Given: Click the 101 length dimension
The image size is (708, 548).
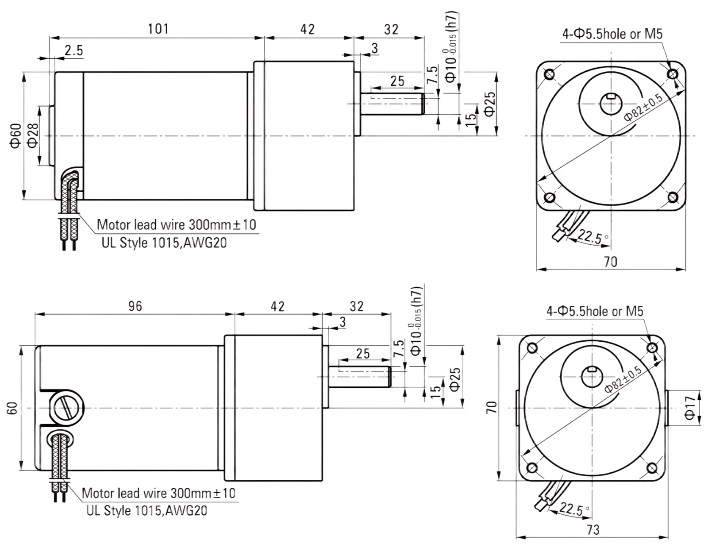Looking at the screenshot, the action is click(x=158, y=29).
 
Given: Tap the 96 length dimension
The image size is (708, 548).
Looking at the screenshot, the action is click(x=135, y=306).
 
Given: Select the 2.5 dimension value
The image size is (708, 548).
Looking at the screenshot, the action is click(x=74, y=50).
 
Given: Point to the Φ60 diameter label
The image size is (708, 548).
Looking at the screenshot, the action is click(x=16, y=135).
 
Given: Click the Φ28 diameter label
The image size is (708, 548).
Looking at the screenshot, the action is click(x=33, y=135).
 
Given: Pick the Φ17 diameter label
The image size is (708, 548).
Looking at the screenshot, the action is click(x=689, y=408).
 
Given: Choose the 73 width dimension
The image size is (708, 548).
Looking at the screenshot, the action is click(x=593, y=530).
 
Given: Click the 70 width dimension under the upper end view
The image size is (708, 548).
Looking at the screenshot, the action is click(x=611, y=262).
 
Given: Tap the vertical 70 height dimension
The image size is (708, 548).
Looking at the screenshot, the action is click(x=492, y=408).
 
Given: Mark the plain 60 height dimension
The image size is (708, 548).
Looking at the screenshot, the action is click(x=12, y=408).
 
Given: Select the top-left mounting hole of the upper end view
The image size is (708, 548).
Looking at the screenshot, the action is click(x=549, y=74).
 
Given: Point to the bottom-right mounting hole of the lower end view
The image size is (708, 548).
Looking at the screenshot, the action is click(x=652, y=468).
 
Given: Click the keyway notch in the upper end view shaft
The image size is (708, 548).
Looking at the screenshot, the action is click(x=611, y=96).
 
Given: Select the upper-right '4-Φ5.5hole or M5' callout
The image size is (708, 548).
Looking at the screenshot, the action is click(x=612, y=34).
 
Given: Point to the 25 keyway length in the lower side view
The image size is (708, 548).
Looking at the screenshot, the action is click(x=363, y=354).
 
